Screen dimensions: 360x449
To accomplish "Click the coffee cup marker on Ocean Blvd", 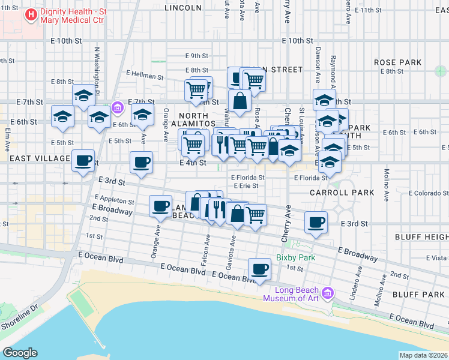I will click(259, 269).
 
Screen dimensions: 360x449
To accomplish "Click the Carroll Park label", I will click(342, 193).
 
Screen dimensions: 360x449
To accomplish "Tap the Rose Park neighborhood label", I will click(397, 62).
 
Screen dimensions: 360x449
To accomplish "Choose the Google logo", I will click(20, 353).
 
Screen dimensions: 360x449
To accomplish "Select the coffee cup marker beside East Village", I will click(83, 160).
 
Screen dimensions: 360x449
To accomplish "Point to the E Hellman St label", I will click(145, 76).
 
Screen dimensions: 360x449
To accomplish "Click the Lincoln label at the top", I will click(182, 8).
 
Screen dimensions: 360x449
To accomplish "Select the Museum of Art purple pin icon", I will click(327, 293).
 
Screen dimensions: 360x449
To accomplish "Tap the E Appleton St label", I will click(114, 199).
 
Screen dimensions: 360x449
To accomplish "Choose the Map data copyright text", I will click(424, 355).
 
